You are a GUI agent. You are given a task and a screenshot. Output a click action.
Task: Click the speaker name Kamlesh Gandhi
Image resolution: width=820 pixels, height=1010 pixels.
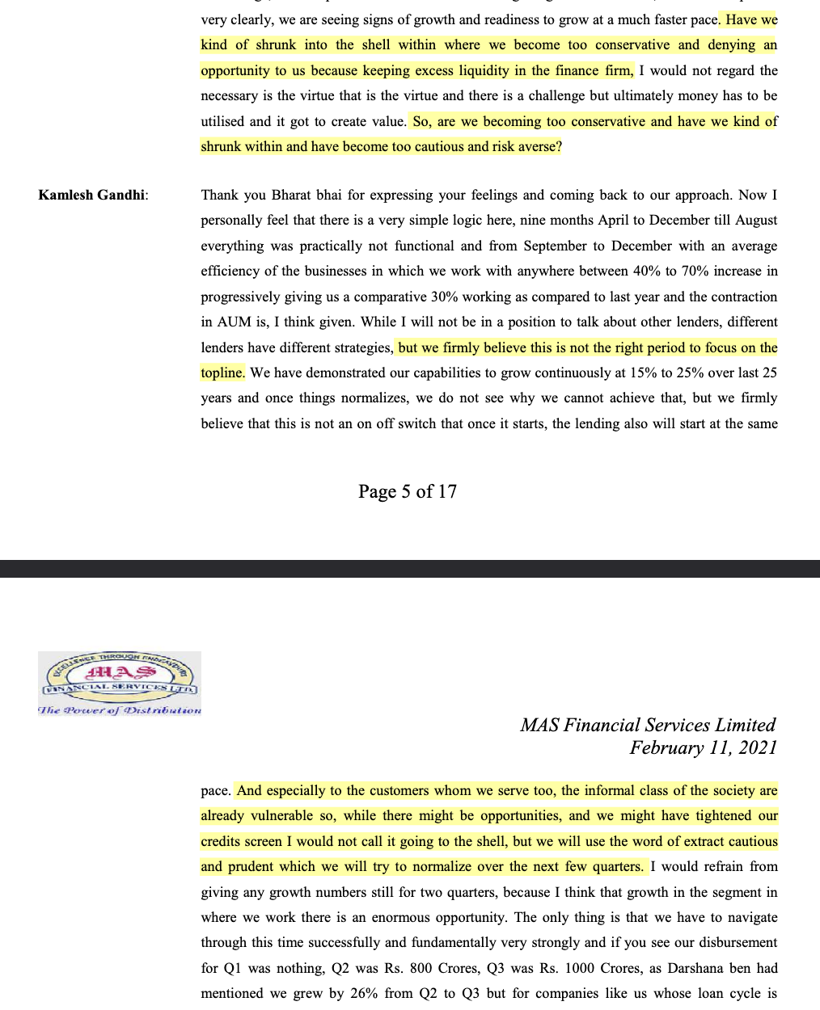[x=92, y=195]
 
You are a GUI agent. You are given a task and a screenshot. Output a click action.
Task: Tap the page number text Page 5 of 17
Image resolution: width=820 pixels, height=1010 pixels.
[x=408, y=491]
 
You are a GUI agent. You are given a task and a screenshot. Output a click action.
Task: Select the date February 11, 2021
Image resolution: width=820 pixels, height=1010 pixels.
[x=703, y=747]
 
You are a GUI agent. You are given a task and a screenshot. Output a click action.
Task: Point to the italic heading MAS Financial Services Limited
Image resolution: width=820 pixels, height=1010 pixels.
[x=647, y=725]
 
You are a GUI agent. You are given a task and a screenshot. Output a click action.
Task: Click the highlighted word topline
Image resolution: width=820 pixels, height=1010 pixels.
[x=222, y=372]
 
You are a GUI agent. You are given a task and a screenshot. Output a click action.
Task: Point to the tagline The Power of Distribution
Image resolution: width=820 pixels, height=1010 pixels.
[x=120, y=710]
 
